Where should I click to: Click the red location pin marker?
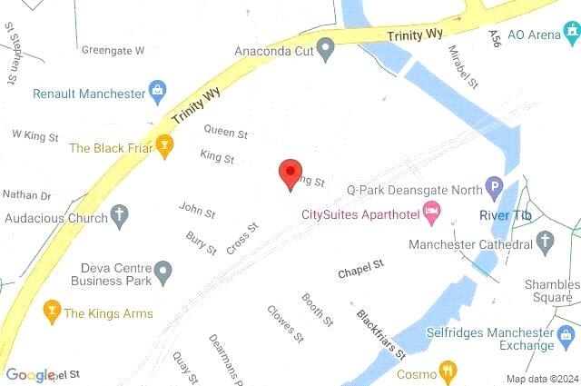(x=290, y=173)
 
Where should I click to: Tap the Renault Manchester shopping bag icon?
(x=159, y=93)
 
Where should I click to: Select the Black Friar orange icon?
(x=164, y=146)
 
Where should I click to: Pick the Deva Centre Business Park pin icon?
(x=162, y=271)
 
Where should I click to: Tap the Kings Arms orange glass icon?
(x=51, y=313)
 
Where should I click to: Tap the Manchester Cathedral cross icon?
(x=546, y=242)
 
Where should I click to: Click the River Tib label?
(x=504, y=214)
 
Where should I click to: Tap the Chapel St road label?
(x=361, y=270)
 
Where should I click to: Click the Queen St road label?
(x=226, y=132)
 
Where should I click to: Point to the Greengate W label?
(x=113, y=50)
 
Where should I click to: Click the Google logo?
(x=30, y=375)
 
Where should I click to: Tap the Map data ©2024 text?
(x=542, y=379)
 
